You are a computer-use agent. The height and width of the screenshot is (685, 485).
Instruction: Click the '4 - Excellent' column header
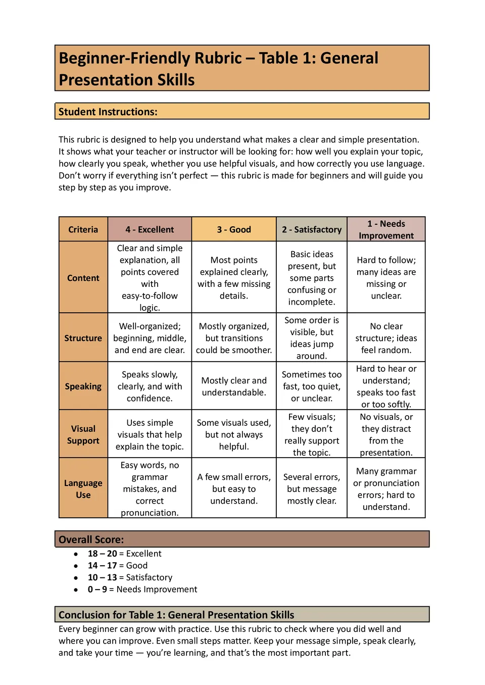coord(150,229)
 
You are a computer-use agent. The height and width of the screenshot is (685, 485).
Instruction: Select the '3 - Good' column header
coord(234,229)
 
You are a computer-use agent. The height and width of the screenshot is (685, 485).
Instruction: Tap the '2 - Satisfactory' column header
coord(312,229)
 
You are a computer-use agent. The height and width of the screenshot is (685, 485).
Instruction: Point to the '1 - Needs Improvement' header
coord(386,229)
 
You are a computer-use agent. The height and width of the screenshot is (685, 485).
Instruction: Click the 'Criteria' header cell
coord(83,229)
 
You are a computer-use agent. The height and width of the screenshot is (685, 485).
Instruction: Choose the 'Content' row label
coord(83,278)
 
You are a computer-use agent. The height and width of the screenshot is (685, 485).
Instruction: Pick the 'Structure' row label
coord(83,338)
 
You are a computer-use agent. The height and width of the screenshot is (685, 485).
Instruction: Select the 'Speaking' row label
coord(83,386)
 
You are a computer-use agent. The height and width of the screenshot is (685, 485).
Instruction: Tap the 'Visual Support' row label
coord(83,434)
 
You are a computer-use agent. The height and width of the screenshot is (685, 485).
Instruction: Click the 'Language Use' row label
coord(83,488)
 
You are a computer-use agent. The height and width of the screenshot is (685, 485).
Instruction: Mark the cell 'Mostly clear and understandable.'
coord(234,386)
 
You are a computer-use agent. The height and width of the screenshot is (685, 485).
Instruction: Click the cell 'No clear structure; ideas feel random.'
coord(386,338)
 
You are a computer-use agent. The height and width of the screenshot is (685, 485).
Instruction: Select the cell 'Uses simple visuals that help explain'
coord(150,434)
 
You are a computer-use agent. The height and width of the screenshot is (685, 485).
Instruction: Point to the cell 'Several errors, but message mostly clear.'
coord(312,488)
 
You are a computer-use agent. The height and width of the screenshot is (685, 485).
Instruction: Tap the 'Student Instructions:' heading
coord(108,112)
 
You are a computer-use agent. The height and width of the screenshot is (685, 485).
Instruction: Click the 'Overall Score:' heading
coord(91,540)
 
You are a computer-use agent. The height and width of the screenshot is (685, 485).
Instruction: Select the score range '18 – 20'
coord(103,554)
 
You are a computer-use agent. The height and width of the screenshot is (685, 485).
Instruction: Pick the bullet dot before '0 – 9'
coord(76,590)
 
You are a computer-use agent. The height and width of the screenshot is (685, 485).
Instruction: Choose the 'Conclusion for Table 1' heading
coord(176,615)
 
